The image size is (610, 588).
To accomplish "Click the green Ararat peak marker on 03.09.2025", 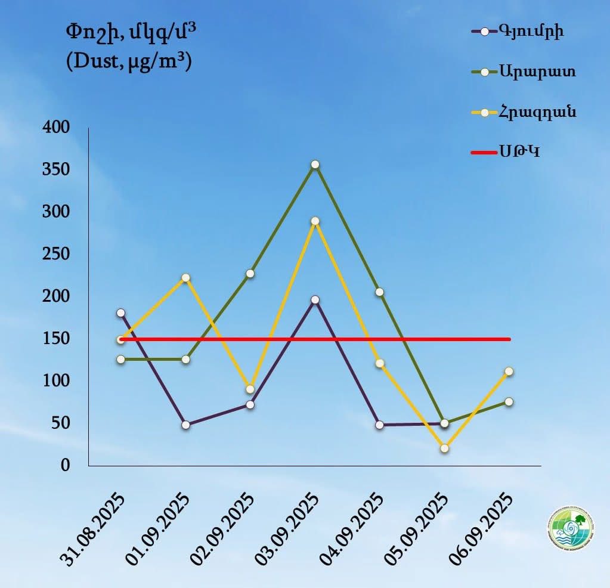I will coord(315,165).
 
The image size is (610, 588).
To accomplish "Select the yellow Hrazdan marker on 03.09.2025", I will coord(315,221).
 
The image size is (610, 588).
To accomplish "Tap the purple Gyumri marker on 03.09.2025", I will coord(315,300).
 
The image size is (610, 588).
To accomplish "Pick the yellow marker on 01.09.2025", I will coord(186,278).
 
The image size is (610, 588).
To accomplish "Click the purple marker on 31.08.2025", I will coord(121,312).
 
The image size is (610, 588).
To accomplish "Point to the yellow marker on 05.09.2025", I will coord(444,448).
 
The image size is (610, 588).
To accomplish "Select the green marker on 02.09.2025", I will coord(250,274).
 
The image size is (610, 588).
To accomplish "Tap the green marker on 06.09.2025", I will coord(509,402).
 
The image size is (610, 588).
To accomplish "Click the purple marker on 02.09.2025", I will coord(250,405).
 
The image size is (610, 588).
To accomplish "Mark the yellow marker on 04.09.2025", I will coord(380,363).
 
